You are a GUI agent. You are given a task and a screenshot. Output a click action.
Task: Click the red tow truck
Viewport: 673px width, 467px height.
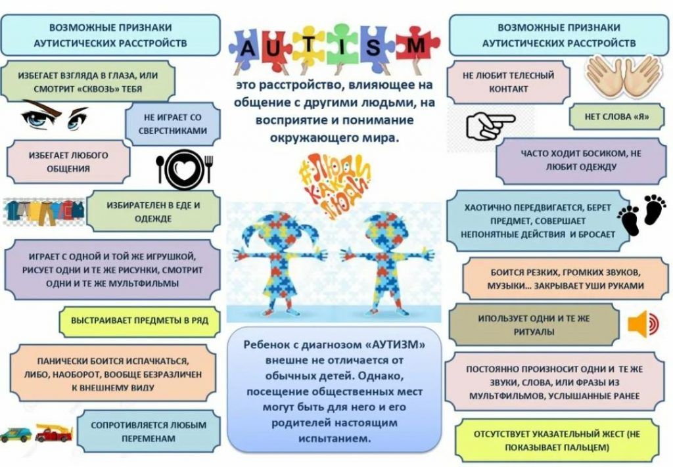[x=54, y=433]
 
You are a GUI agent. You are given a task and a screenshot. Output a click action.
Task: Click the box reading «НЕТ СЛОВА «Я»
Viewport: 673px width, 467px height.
[x=616, y=117]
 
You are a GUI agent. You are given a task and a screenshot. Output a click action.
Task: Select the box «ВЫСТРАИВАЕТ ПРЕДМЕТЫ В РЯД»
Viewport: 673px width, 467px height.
[x=139, y=321]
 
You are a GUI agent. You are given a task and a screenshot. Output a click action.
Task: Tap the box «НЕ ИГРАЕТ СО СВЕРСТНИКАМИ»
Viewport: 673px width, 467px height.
[x=173, y=124]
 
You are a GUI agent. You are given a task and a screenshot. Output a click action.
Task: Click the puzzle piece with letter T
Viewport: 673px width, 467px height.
[x=309, y=45]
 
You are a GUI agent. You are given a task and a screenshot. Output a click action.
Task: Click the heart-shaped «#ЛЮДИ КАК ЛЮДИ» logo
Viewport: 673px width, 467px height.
[x=335, y=187]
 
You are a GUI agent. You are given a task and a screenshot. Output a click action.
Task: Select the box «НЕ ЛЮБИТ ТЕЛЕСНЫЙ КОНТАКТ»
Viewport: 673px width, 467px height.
[x=508, y=82]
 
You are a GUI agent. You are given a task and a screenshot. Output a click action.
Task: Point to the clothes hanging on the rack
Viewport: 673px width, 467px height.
[x=44, y=211]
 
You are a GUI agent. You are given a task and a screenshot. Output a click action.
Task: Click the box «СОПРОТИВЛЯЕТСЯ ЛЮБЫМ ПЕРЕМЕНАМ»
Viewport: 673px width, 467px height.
[x=149, y=432]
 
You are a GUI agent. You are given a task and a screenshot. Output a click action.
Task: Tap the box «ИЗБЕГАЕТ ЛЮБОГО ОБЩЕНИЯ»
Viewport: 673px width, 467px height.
[x=68, y=162]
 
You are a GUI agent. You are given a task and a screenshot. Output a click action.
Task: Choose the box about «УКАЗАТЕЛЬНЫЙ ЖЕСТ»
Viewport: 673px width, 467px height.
[x=556, y=441]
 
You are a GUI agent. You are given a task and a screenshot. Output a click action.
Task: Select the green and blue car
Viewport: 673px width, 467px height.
[x=16, y=434]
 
